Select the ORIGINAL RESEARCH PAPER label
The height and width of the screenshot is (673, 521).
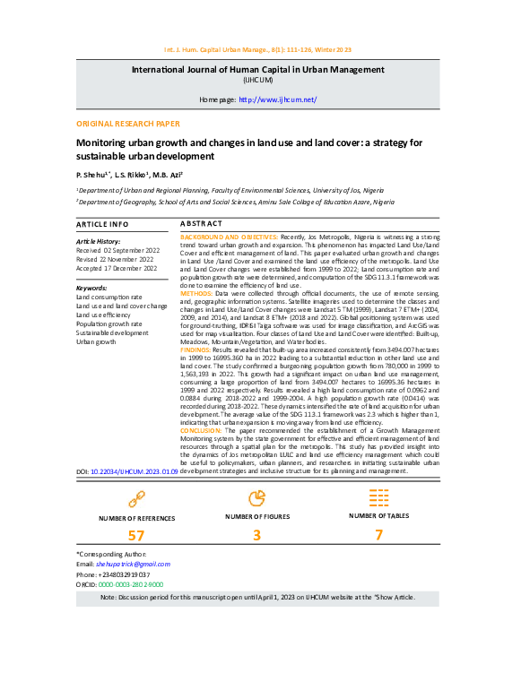coord(127,124)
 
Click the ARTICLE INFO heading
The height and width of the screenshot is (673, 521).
coord(102,223)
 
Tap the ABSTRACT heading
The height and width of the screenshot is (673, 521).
coord(201,222)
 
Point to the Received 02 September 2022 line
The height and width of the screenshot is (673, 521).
coord(117,251)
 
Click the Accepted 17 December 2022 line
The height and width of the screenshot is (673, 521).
coord(117,268)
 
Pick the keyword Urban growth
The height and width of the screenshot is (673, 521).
coord(97,341)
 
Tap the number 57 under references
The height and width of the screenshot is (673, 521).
coord(136,535)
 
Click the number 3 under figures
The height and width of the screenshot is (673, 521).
coord(256,535)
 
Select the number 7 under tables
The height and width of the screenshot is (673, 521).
coord(378,535)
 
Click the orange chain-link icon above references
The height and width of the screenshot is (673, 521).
coord(136,497)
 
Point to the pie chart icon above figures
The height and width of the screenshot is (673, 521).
coord(256,496)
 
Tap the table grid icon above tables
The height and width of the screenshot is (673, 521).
coord(379,496)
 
